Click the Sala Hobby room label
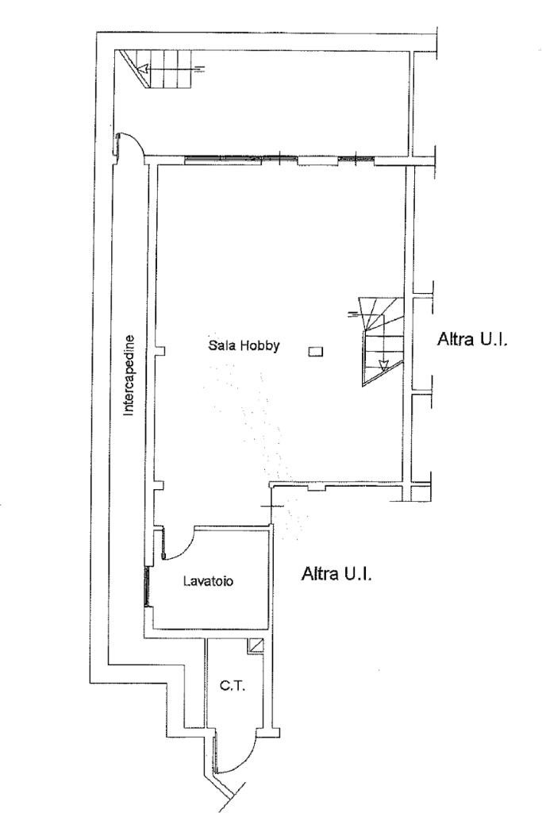coord(244,345)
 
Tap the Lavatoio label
coord(208,581)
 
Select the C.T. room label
coord(233,686)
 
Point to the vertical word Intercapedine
coord(129,376)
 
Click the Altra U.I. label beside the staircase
coord(471,340)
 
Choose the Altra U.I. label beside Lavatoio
coord(336,574)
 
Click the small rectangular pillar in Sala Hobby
coord(316,352)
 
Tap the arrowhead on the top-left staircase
coord(144,68)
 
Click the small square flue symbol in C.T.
coord(256,645)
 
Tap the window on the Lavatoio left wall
coord(147,586)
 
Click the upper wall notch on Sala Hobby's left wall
coord(160,352)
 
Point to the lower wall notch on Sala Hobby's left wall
coord(160,486)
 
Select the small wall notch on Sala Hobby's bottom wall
coord(316,488)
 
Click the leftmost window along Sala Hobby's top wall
coord(225,158)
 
